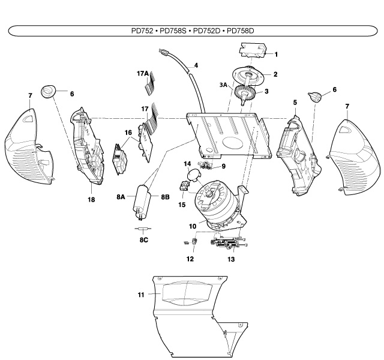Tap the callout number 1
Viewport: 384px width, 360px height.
[x=276, y=54]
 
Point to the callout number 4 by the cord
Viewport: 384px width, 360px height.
[x=196, y=65]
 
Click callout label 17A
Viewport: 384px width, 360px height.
[x=142, y=73]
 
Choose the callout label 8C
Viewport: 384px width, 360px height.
[x=144, y=239]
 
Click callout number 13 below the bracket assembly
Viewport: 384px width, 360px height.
[x=231, y=259]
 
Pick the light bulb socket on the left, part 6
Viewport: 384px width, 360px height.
[x=48, y=91]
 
